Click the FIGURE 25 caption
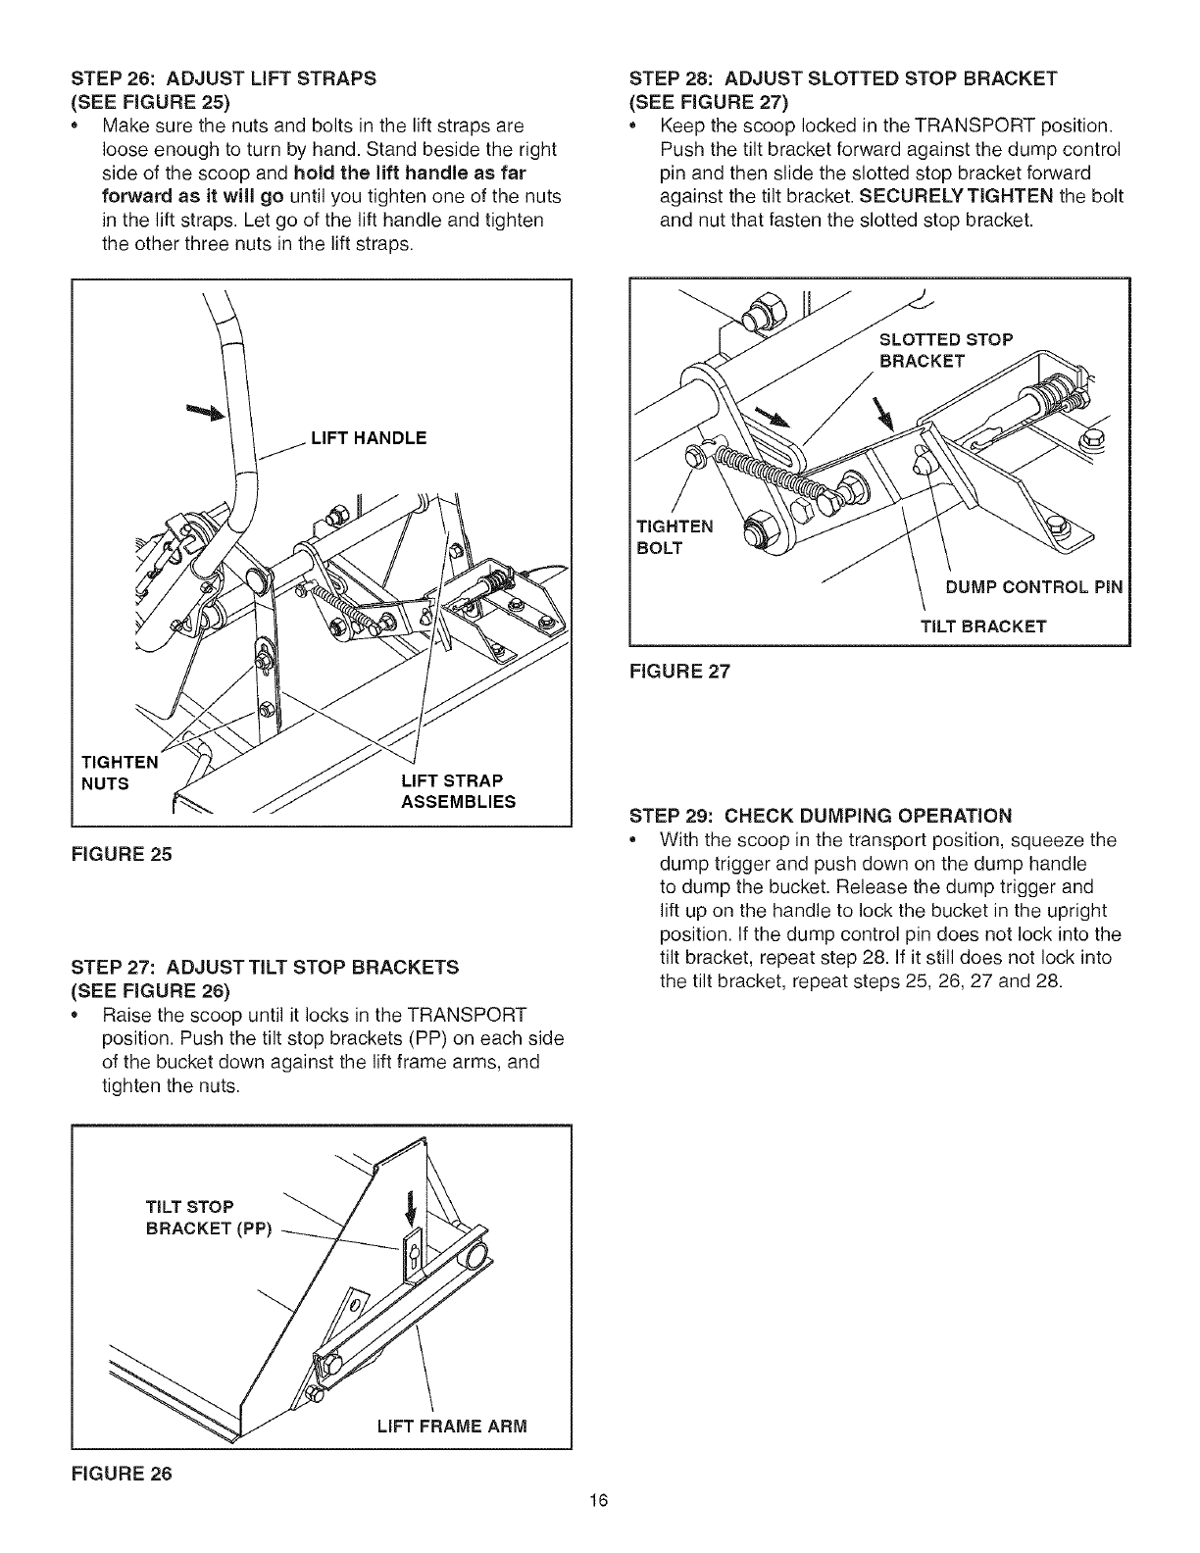(122, 854)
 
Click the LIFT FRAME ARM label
(452, 1425)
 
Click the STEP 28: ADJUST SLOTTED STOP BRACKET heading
(842, 76)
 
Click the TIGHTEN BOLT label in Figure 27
(675, 535)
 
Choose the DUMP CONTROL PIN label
(1033, 588)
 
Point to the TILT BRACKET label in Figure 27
(983, 626)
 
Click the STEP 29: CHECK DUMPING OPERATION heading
(820, 816)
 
